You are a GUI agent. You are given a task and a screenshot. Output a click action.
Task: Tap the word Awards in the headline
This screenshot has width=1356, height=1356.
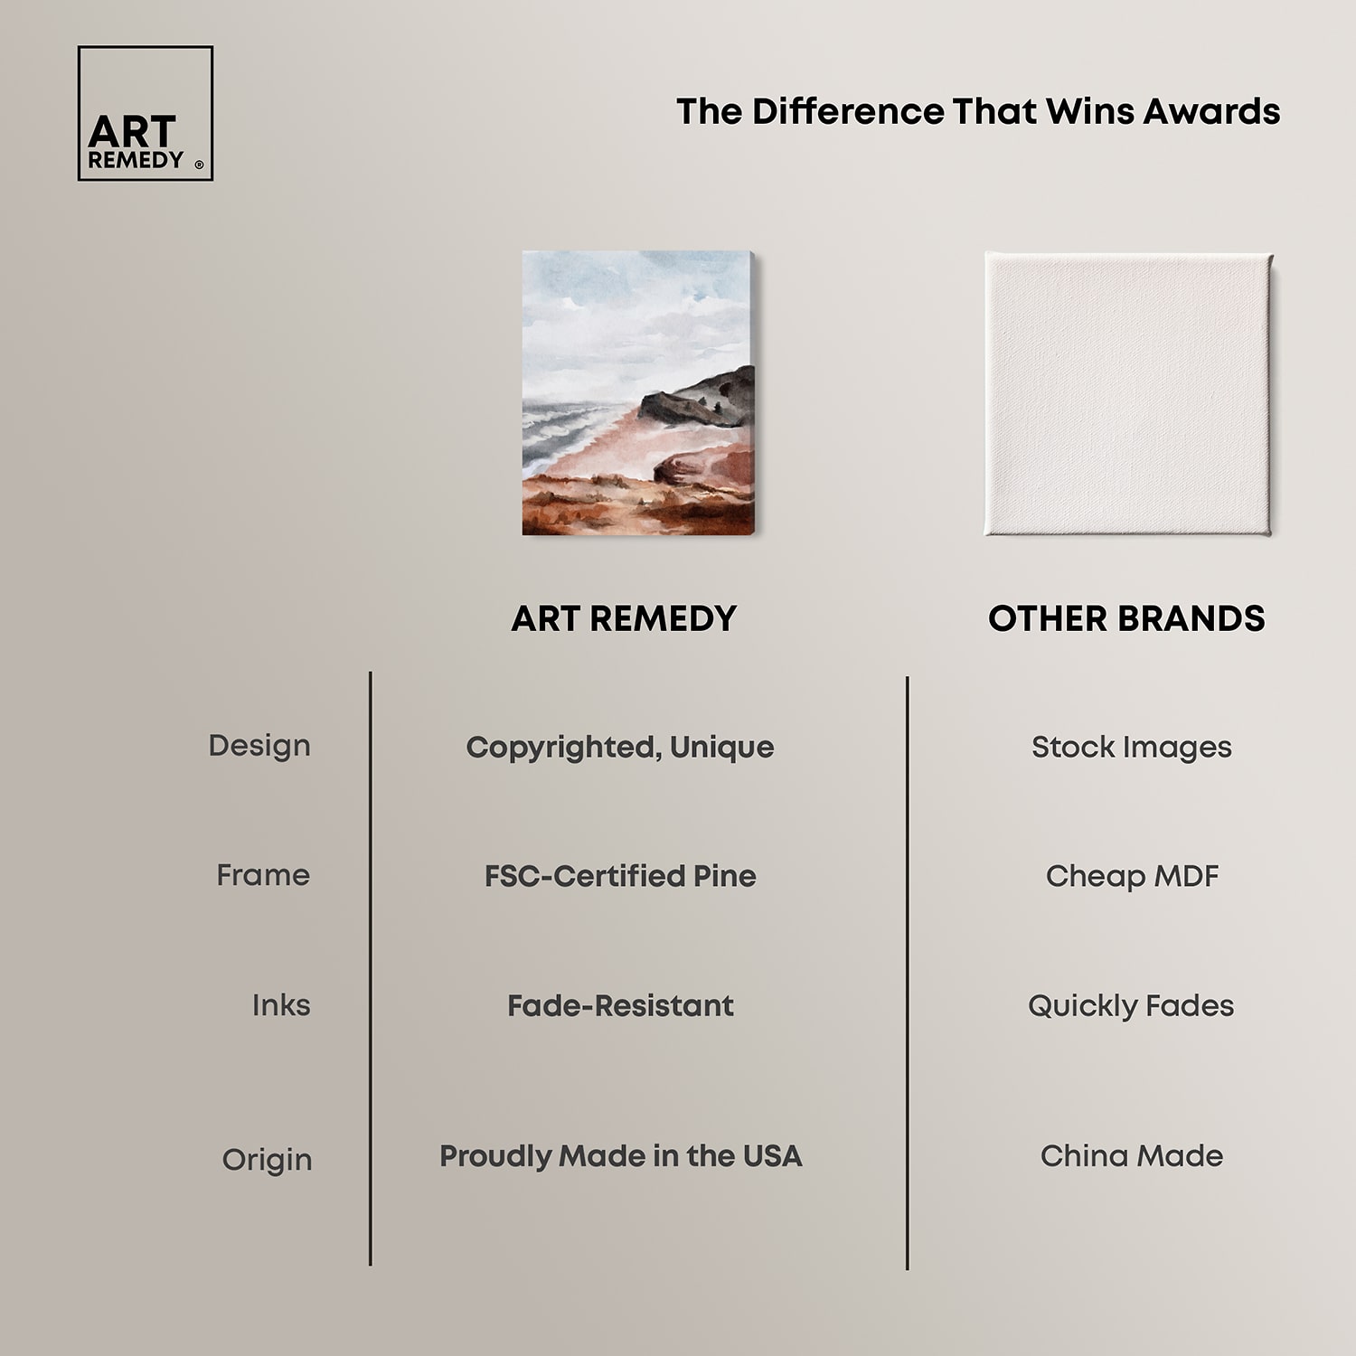pos(1211,111)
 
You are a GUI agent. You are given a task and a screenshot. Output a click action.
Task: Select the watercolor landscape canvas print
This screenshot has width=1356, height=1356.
pos(638,393)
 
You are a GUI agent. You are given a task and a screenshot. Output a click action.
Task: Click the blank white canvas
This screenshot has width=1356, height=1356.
pos(1128,394)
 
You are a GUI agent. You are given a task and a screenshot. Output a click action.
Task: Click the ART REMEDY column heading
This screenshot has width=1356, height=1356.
pos(624,619)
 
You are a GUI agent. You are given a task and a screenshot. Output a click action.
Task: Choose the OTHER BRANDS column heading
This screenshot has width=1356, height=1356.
pos(1126,619)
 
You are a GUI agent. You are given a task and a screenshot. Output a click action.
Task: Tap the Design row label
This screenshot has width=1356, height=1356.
pos(259,746)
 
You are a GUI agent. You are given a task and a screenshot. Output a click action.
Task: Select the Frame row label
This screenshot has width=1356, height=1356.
pos(263,875)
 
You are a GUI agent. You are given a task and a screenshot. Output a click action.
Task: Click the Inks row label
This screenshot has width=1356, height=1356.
pos(281,1005)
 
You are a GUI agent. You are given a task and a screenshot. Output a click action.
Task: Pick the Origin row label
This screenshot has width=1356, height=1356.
pos(267,1160)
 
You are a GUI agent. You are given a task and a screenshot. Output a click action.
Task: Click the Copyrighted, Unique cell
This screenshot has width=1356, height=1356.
pos(620,748)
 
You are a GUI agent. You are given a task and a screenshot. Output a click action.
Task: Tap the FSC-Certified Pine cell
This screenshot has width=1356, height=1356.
pos(620,876)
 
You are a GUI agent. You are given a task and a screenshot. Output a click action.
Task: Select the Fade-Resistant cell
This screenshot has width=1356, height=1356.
pos(620,1005)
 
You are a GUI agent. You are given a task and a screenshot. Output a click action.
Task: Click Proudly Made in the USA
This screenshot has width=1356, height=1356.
pos(620,1156)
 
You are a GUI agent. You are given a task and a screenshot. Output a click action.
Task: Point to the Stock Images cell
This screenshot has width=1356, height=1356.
pos(1132,748)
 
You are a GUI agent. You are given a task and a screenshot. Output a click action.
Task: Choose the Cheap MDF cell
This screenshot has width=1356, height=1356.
pos(1132,876)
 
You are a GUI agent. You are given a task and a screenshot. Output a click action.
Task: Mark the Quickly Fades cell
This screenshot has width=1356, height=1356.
pos(1131,1006)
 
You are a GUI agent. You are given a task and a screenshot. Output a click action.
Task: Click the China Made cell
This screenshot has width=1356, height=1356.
pos(1132,1156)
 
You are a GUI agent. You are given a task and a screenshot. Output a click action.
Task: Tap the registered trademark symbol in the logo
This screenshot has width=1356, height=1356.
pos(199,165)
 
